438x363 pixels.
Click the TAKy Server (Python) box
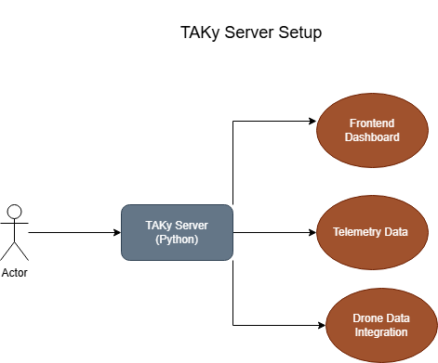point(177,232)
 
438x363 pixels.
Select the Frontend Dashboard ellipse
point(372,130)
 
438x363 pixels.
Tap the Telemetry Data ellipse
point(372,232)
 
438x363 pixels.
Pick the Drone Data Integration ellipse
point(380,325)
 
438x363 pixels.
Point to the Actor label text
point(14,272)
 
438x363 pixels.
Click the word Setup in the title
point(299,33)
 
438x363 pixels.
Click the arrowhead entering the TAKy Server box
point(116,232)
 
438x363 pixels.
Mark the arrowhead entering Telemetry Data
point(312,232)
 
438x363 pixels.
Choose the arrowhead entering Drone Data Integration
point(320,325)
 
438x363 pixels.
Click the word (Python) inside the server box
point(177,240)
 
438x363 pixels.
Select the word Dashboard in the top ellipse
point(372,137)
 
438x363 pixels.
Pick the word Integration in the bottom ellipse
point(380,332)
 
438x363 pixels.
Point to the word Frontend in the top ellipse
point(372,123)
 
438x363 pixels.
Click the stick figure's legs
point(14,249)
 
